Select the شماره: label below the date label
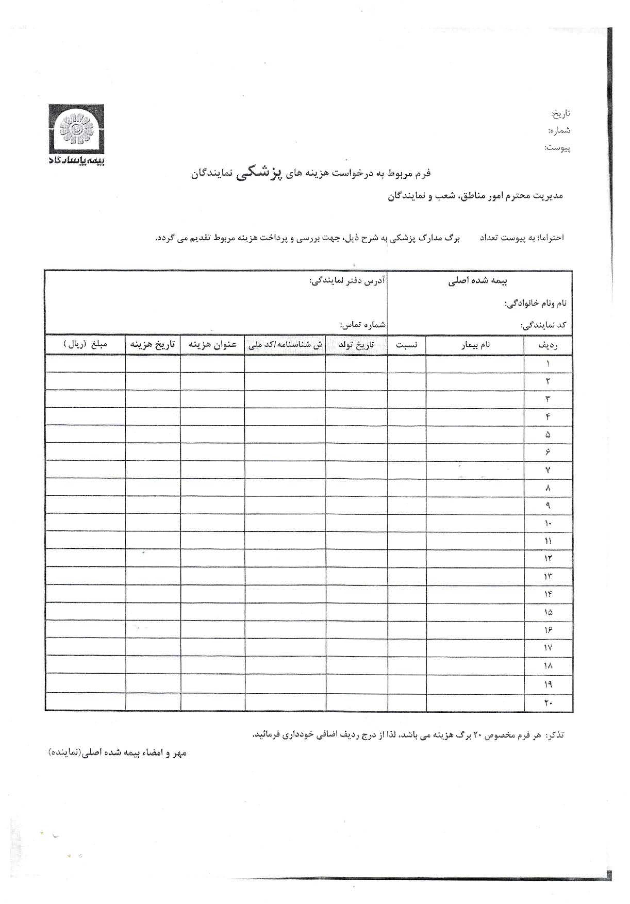click(559, 130)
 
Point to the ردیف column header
click(548, 345)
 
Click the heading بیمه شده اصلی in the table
click(478, 281)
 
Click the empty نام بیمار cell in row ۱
click(475, 363)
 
